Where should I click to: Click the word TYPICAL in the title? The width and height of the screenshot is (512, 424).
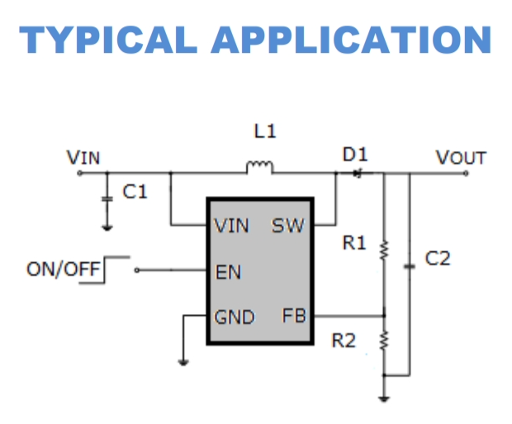108,40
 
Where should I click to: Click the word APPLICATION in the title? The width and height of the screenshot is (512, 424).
351,40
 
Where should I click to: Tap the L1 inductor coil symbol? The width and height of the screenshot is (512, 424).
259,168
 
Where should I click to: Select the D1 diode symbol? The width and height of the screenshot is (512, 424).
358,174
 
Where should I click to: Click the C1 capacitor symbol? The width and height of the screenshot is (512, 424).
107,198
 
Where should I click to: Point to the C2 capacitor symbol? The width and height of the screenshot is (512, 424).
410,267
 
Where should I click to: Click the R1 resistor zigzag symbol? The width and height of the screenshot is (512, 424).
384,250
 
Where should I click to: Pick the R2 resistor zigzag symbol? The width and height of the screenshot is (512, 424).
384,341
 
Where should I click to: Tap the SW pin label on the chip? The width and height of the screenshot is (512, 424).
288,226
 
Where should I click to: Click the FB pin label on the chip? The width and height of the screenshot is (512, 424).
294,316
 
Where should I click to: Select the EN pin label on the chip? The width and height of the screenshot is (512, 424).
228,272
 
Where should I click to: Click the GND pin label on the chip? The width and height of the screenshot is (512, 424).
235,317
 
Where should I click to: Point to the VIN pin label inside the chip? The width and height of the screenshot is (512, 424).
231,226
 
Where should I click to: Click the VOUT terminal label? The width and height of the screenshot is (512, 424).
461,158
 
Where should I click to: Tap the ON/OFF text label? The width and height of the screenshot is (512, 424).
63,269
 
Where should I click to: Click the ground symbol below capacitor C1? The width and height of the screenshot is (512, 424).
107,228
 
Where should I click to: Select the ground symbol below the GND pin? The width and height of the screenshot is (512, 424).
183,362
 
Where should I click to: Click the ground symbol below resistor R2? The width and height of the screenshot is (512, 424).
384,399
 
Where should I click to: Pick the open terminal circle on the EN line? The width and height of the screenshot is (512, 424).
137,270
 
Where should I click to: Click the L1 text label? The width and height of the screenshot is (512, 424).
265,131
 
